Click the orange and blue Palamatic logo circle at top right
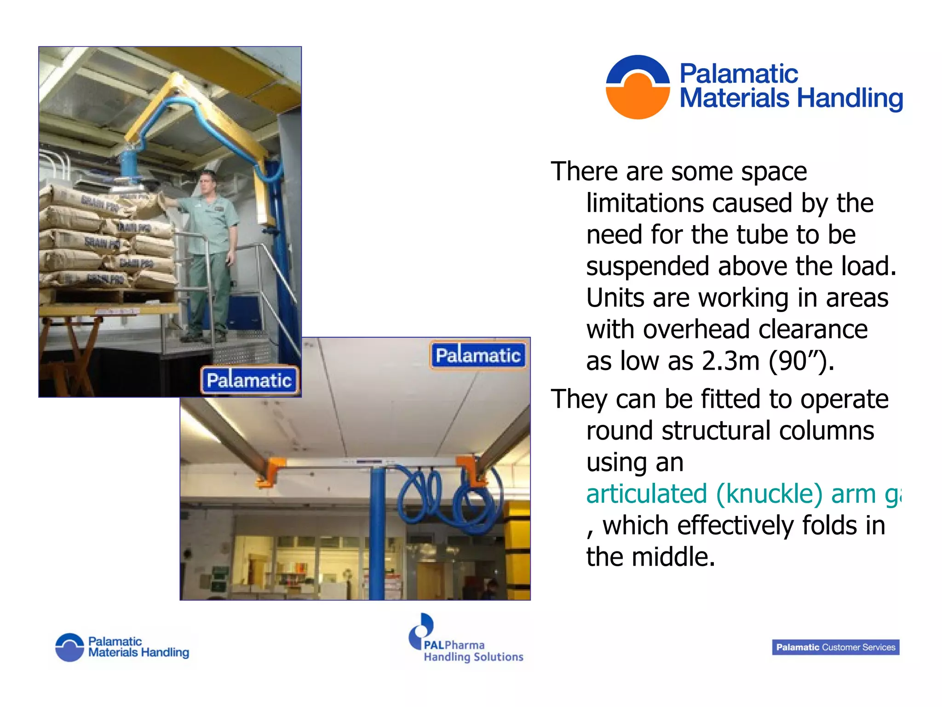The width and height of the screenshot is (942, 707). (638, 87)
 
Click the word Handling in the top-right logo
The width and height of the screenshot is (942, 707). (850, 99)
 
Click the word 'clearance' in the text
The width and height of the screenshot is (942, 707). (813, 330)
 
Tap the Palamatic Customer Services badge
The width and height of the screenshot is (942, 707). (835, 647)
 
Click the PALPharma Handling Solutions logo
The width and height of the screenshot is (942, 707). (465, 640)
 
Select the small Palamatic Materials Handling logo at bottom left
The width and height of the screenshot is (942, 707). (122, 647)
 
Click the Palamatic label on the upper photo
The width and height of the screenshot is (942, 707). (249, 381)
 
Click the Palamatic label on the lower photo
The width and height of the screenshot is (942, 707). (478, 355)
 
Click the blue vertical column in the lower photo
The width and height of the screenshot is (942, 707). (377, 534)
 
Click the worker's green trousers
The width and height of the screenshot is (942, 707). (209, 290)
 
